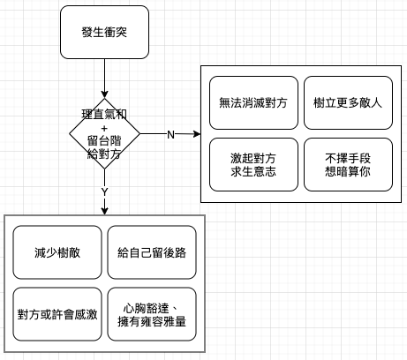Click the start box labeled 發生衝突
tap(104, 32)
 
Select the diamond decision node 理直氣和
tap(104, 134)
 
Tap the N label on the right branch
tap(170, 135)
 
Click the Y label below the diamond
tap(104, 192)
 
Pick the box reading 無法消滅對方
tap(253, 102)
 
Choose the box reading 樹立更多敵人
tap(348, 102)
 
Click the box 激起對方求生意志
tap(253, 164)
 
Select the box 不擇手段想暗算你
tap(348, 164)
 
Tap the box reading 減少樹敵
tap(57, 252)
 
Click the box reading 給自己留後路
tap(152, 252)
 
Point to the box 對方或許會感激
tap(57, 314)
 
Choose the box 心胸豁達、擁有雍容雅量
tap(152, 314)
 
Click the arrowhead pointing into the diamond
tap(104, 94)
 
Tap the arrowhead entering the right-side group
tap(197, 134)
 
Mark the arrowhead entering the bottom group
tap(104, 211)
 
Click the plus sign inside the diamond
tap(104, 129)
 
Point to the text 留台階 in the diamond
tap(104, 141)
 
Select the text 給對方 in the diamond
tap(104, 154)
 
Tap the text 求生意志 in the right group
tap(253, 171)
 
